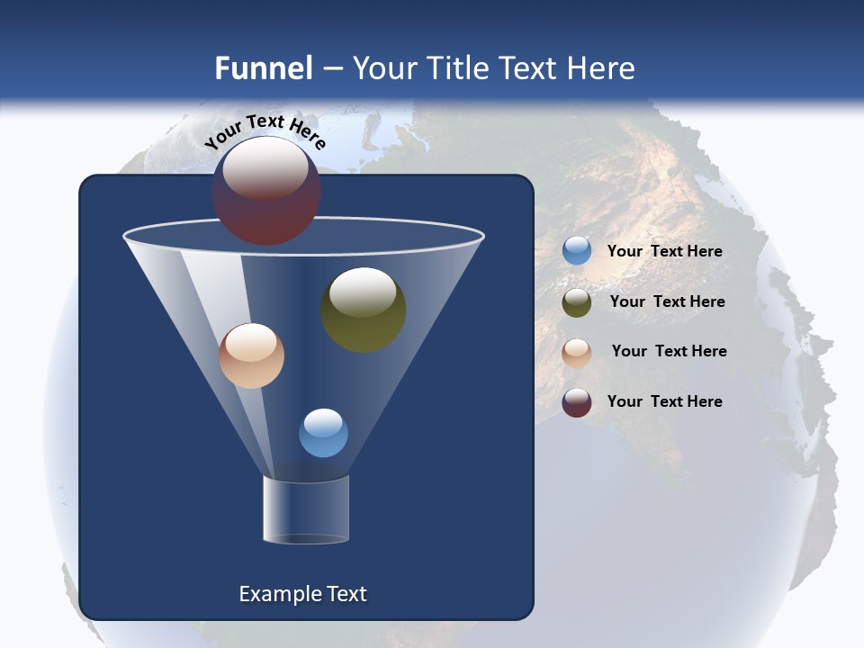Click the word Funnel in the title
(263, 67)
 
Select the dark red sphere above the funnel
(265, 191)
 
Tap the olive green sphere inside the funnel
(363, 309)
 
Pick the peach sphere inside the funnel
(251, 355)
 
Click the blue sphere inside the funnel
(323, 433)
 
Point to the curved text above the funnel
(265, 131)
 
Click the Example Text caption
(302, 594)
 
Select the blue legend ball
(577, 251)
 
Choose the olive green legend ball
(577, 302)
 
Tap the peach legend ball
(577, 353)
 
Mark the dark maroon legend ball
(577, 402)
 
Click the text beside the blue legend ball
(664, 252)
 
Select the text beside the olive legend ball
(667, 302)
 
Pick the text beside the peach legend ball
(669, 352)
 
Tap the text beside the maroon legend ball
(664, 401)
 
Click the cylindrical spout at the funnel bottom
(305, 509)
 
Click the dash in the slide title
(331, 68)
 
